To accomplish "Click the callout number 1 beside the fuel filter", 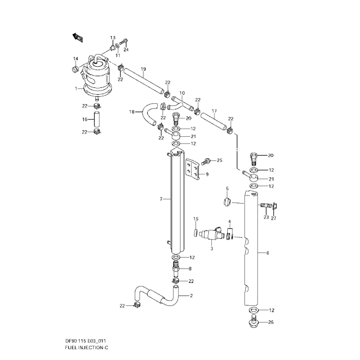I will (76, 88).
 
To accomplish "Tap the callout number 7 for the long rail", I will (161, 199).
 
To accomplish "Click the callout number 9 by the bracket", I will (207, 174).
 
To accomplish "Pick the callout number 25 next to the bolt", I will (219, 161).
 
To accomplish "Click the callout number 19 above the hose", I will (143, 68).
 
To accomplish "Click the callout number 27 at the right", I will (274, 219).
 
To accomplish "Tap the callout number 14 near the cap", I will (75, 59).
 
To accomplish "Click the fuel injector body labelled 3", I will (211, 235).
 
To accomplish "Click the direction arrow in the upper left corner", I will (78, 37).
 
